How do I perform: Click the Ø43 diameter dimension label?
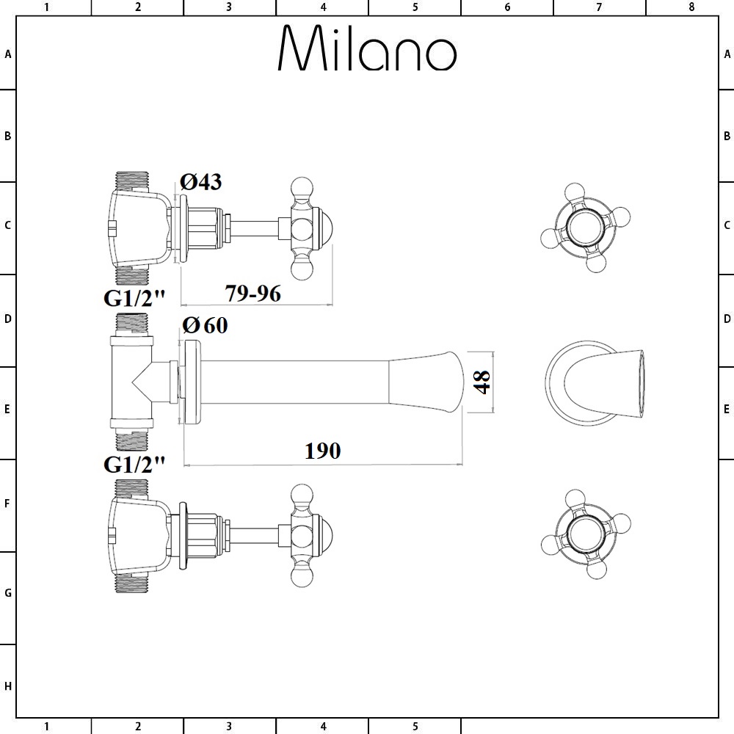[201, 182]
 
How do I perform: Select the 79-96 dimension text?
[252, 293]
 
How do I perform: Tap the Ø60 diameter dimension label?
[205, 325]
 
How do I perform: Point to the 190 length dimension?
[322, 451]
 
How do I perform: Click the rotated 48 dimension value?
[482, 382]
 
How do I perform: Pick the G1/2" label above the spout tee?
[134, 298]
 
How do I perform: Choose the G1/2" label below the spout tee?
[134, 464]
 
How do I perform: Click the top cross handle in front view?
[585, 226]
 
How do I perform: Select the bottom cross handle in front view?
[585, 534]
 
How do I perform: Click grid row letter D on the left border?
[8, 319]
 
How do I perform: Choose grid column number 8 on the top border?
[691, 7]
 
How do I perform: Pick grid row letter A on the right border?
[727, 54]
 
